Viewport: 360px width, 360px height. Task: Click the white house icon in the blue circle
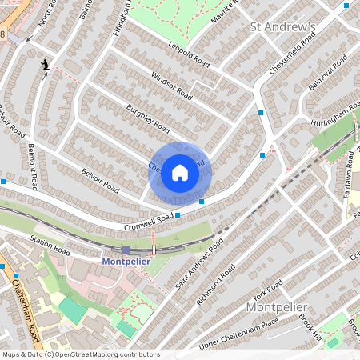(x=180, y=172)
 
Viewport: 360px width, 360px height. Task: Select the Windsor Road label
(x=171, y=86)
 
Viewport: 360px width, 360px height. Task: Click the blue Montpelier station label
(x=126, y=261)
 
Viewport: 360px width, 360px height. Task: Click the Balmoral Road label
(x=329, y=71)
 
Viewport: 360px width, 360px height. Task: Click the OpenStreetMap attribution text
(x=80, y=354)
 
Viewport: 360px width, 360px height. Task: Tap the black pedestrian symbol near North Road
(x=46, y=64)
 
